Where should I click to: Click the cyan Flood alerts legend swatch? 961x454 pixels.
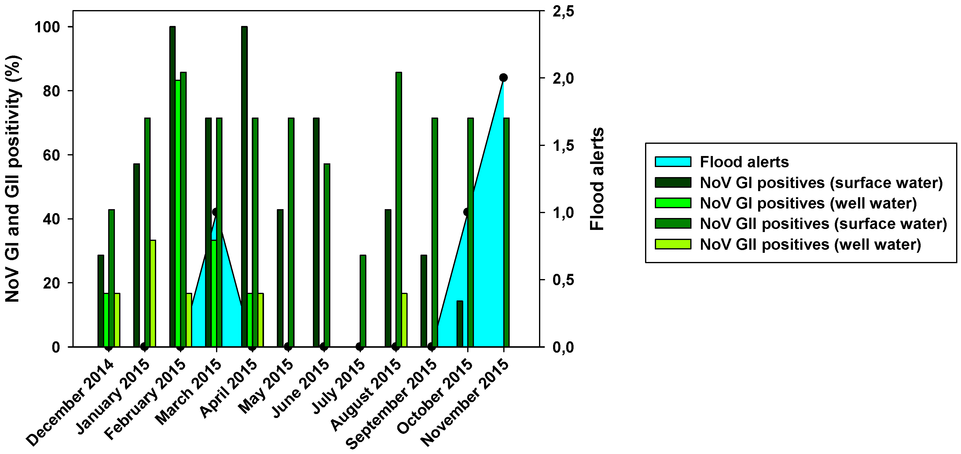click(673, 162)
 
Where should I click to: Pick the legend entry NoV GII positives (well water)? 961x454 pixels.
click(810, 245)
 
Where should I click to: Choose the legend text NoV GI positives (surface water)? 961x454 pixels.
click(821, 183)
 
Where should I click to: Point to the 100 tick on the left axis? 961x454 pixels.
click(47, 27)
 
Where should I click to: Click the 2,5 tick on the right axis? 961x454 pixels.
click(563, 12)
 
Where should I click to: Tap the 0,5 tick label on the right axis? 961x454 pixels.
click(563, 280)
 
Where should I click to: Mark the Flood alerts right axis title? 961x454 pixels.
click(597, 179)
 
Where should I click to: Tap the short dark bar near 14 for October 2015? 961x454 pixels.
click(460, 324)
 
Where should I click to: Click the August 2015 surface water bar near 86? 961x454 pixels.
click(399, 209)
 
